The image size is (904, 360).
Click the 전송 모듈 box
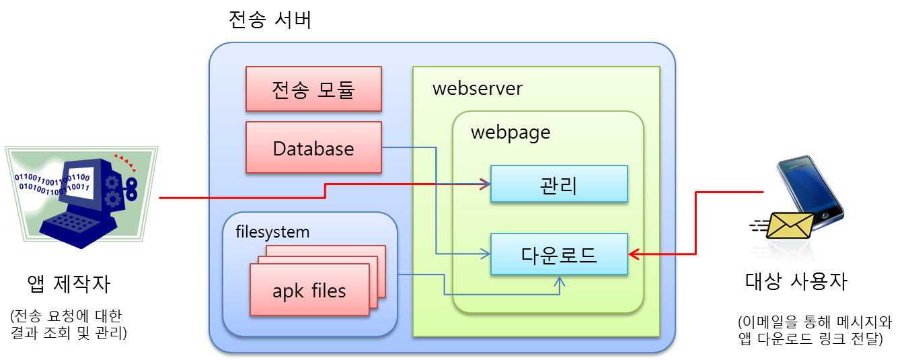[x=313, y=89]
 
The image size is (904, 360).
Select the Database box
[x=313, y=148]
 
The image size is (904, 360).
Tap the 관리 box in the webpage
[x=558, y=184]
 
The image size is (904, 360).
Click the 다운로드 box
[x=558, y=254]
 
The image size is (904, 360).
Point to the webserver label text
[x=477, y=89]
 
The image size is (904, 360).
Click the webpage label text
[x=510, y=132]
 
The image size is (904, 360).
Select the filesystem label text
[x=272, y=232]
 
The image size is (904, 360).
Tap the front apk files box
[x=309, y=290]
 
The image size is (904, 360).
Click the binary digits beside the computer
[x=40, y=182]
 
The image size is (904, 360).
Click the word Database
[x=313, y=148]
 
